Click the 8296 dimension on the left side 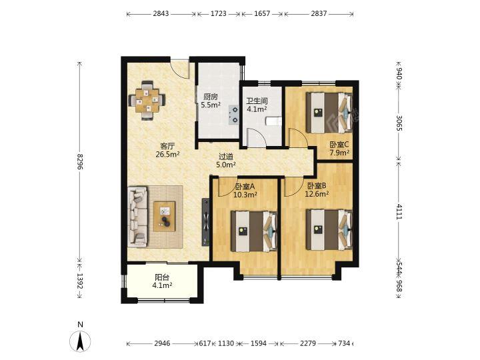(80, 161)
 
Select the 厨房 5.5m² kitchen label (211, 101)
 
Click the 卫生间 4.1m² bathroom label (257, 105)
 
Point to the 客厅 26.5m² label (167, 150)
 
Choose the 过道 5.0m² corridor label (226, 161)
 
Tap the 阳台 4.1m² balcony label (162, 281)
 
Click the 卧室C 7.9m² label (339, 148)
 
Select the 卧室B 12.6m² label (317, 189)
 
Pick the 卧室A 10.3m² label (245, 191)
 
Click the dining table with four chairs (147, 100)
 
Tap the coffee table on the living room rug (165, 217)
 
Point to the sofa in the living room (137, 217)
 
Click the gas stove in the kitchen (234, 114)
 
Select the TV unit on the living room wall (206, 221)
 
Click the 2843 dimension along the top (161, 13)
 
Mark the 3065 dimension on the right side (399, 123)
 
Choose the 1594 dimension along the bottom (259, 343)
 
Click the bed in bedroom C (329, 113)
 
